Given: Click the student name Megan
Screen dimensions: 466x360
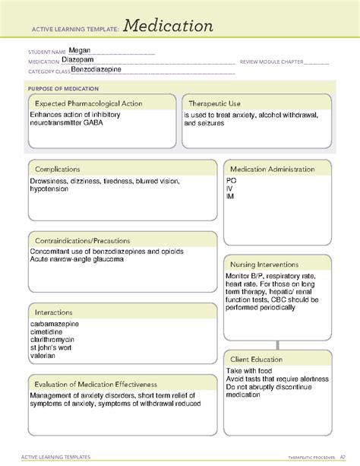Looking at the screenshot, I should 79,52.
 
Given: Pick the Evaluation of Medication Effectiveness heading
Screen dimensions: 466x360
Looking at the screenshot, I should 95,384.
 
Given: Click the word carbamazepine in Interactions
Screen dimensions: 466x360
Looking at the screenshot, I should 55,324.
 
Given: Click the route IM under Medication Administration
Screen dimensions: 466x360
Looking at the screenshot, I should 230,197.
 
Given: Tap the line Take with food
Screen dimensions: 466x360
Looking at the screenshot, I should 250,371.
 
